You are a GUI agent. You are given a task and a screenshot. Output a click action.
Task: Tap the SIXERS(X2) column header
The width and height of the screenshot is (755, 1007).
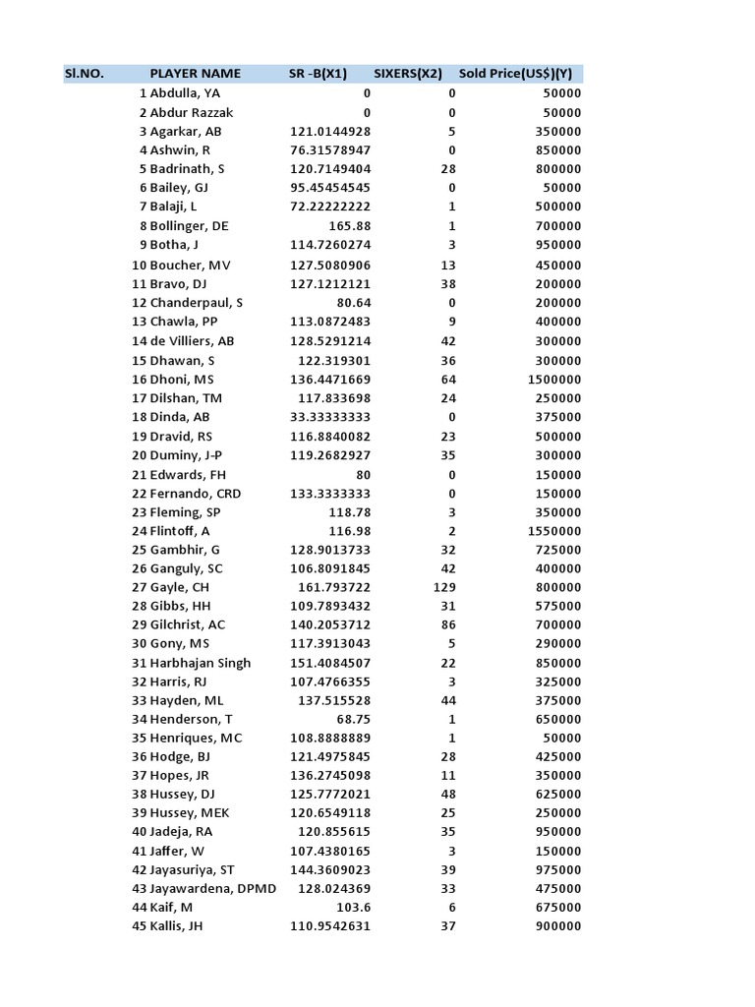pos(407,74)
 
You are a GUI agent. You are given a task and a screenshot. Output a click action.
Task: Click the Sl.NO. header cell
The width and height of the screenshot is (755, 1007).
pos(85,74)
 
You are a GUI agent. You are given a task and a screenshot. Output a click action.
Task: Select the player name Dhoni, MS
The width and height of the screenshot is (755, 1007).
pos(182,380)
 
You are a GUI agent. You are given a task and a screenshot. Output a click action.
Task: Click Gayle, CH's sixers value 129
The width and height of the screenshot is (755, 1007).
pos(444,587)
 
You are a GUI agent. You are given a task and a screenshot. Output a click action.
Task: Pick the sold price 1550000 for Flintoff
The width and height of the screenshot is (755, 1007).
pos(552,531)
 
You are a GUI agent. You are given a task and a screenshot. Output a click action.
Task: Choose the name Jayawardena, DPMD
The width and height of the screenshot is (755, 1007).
pos(213,889)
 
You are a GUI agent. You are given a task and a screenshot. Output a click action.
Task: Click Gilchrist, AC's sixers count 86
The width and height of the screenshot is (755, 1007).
pos(448,625)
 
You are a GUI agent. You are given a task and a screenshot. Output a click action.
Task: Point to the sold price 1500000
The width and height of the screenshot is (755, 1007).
pos(552,380)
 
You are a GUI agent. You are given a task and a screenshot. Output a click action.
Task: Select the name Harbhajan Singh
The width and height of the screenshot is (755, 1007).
pos(201,663)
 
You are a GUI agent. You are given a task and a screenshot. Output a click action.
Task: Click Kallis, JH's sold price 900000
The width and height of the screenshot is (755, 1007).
pos(556,926)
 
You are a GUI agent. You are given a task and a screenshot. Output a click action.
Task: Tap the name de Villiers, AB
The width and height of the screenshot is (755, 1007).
pos(193,341)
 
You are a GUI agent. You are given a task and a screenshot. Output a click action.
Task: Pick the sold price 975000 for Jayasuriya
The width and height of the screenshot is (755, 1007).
pos(556,870)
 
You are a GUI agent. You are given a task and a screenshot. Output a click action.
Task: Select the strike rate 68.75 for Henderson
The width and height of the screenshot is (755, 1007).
pos(352,720)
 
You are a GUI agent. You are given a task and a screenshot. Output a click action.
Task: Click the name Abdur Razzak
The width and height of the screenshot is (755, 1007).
pos(192,112)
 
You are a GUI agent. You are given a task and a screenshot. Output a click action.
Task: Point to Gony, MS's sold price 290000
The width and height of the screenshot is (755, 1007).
pos(556,644)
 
